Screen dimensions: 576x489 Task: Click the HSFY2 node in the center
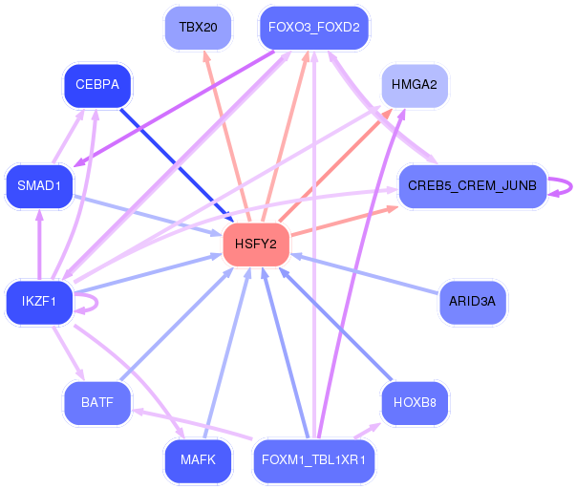click(256, 244)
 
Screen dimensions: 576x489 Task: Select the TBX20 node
click(198, 28)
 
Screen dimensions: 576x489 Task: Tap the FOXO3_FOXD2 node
click(314, 28)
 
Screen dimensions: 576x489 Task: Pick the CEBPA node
click(97, 85)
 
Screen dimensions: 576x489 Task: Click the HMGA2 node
click(415, 85)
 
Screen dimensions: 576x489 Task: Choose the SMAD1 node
click(39, 186)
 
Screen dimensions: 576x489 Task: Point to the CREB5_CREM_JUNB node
click(473, 186)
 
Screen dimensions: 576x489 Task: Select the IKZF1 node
click(39, 302)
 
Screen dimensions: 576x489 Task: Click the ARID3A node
click(473, 302)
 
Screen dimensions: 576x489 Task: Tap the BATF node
click(97, 403)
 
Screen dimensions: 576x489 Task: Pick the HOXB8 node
click(415, 403)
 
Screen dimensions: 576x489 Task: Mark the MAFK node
click(198, 460)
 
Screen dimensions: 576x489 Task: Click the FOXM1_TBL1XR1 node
click(314, 460)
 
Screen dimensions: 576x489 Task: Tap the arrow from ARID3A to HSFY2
click(366, 273)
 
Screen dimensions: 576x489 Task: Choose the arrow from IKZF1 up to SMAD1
click(39, 244)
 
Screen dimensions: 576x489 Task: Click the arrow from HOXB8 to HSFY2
click(335, 324)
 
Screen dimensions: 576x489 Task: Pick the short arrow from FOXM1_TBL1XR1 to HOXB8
click(367, 431)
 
